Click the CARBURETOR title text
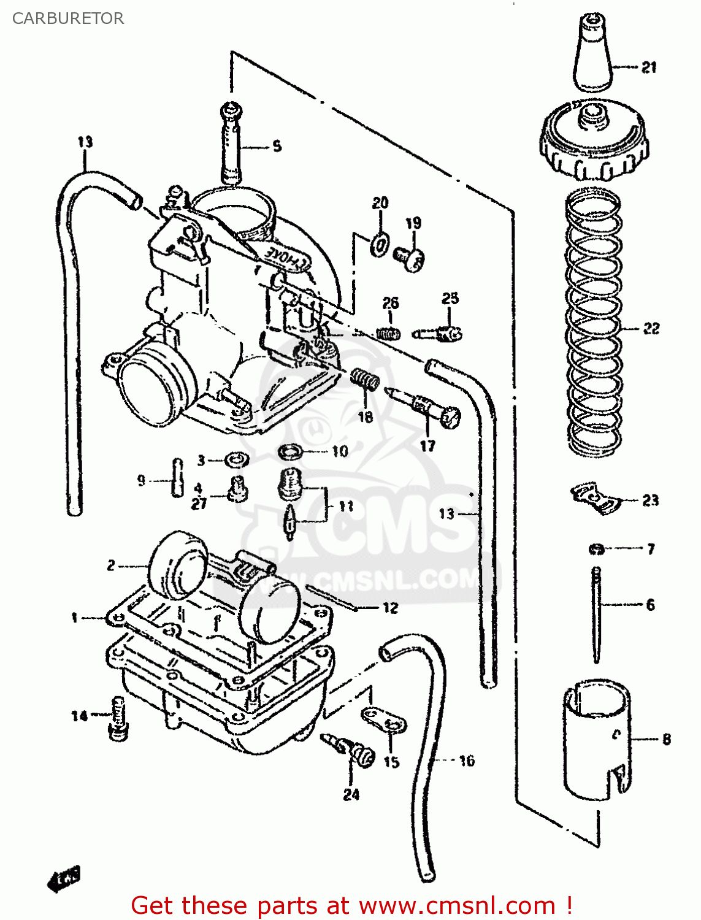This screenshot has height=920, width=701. click(x=67, y=18)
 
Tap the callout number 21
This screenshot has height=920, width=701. click(x=649, y=67)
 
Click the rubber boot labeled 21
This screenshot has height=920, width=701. click(x=593, y=55)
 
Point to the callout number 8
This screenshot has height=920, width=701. click(x=667, y=739)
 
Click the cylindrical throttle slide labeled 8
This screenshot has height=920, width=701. click(x=597, y=739)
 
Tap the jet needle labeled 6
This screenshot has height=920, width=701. click(x=596, y=613)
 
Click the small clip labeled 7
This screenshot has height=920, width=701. click(x=596, y=549)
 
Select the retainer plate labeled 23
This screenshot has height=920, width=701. click(x=594, y=497)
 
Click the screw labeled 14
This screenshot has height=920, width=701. click(x=118, y=718)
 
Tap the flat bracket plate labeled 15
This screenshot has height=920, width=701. click(x=384, y=720)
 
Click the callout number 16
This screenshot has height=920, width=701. click(x=467, y=761)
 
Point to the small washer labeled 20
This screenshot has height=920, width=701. click(x=380, y=245)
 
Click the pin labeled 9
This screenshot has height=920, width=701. click(x=177, y=477)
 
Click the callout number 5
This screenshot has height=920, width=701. click(x=277, y=146)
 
